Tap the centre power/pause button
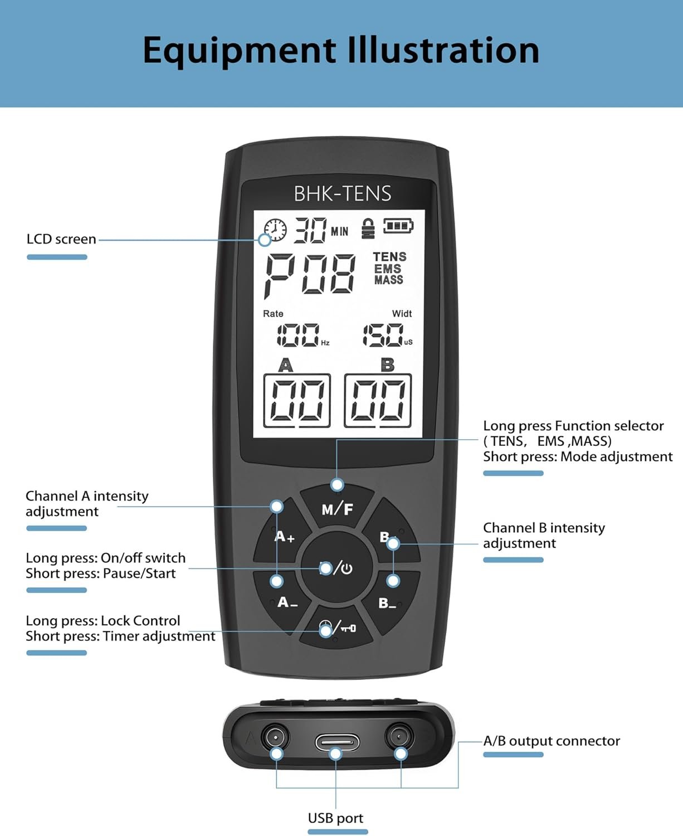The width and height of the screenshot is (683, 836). coord(336,568)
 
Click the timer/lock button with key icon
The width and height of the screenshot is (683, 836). coord(336,629)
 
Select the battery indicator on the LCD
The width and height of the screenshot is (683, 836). coord(398,226)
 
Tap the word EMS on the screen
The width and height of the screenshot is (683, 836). coord(388,269)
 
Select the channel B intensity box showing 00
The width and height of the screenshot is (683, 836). coord(378,400)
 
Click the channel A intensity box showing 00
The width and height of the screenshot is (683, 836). coord(296,400)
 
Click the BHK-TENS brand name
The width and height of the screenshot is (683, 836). coord(342,193)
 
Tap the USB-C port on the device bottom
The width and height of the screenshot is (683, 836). coord(337,742)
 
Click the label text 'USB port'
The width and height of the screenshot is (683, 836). coord(335,818)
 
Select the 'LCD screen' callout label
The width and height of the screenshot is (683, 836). coord(61,239)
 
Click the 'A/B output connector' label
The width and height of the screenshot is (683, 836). coord(551,741)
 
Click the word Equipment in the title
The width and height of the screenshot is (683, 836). coord(239,51)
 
